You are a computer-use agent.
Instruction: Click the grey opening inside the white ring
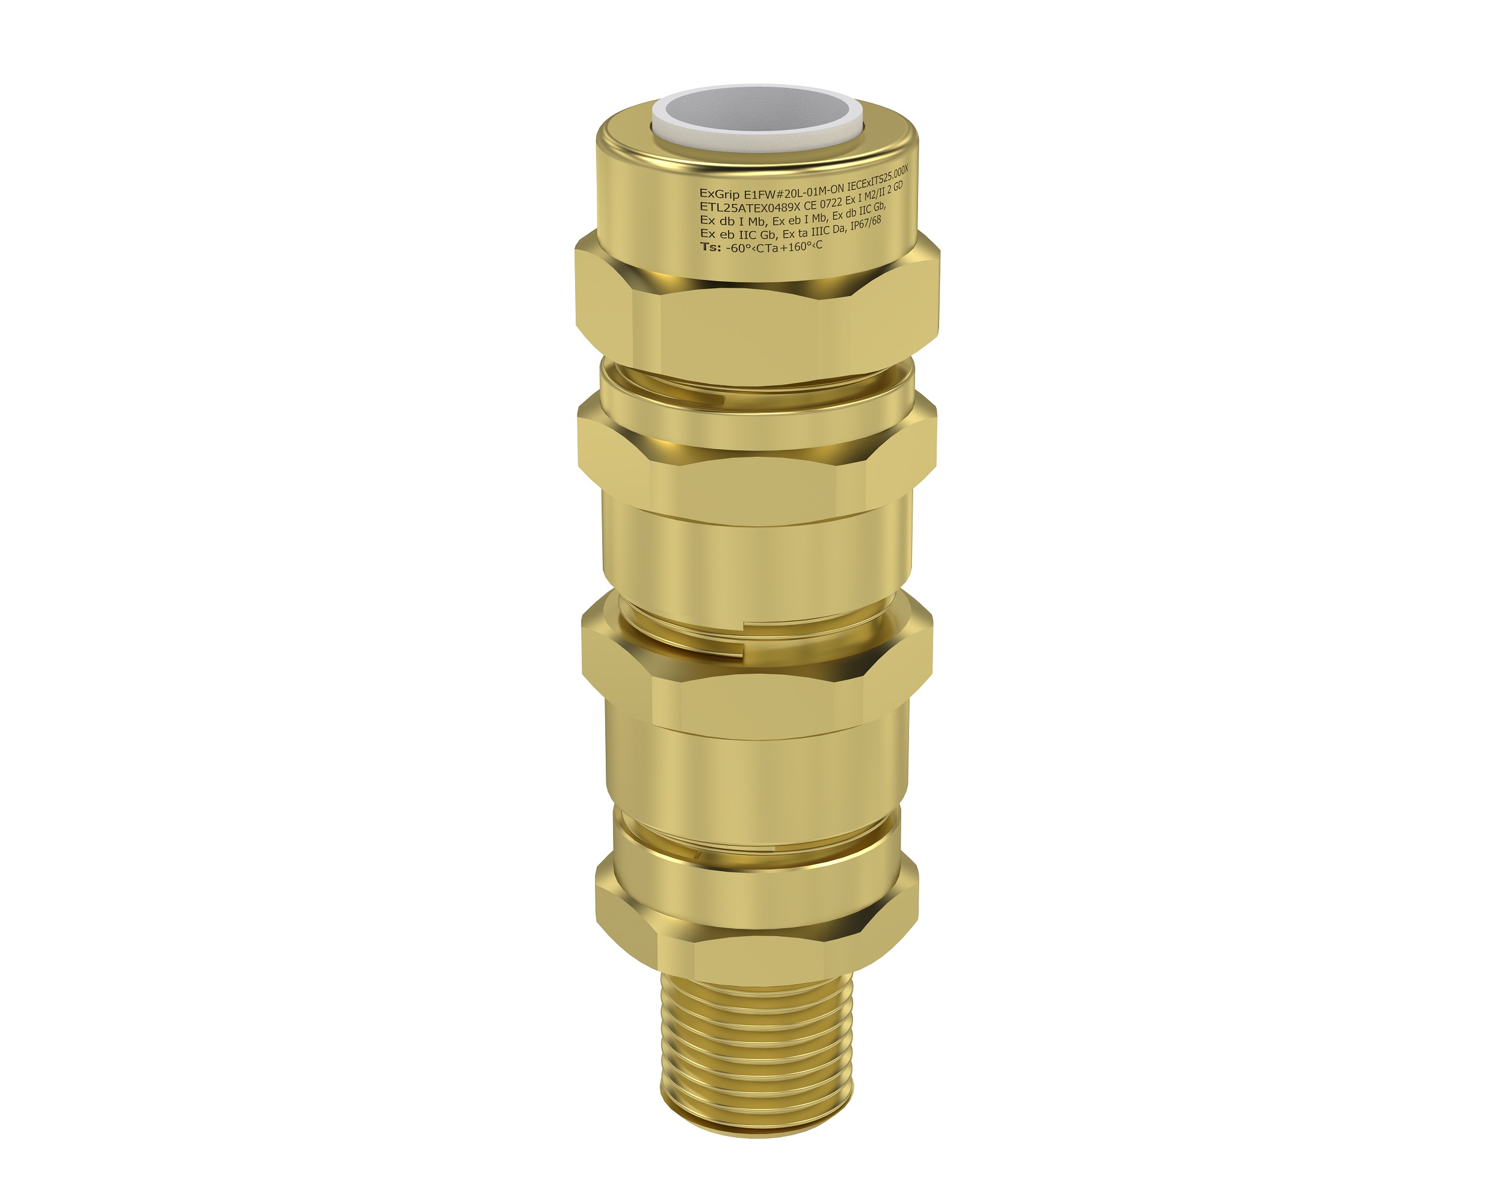point(757,112)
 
